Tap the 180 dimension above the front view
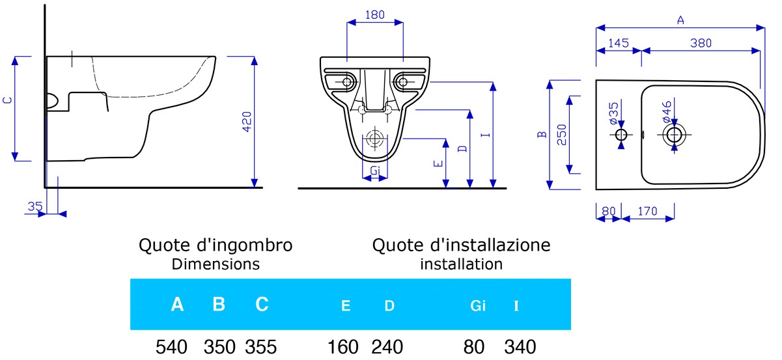click(375, 14)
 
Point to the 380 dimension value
click(701, 43)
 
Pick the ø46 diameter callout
click(667, 111)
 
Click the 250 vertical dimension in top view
click(562, 135)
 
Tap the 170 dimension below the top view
click(647, 211)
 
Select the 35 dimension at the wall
click(35, 206)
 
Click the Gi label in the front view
click(375, 171)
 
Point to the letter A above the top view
click(680, 20)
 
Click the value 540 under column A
click(171, 347)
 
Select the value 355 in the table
click(261, 347)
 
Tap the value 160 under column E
click(342, 347)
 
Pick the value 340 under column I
click(520, 347)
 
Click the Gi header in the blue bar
click(478, 305)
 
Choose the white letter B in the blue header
click(219, 304)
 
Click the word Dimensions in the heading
click(216, 264)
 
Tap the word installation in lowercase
click(461, 264)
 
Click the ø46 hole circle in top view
click(675, 135)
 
